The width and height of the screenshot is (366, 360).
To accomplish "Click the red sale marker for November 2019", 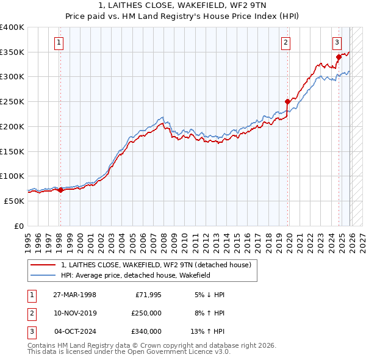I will coord(287,102).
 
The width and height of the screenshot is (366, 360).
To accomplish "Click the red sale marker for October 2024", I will coord(339,57).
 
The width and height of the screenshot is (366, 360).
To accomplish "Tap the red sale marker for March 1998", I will coord(60,190).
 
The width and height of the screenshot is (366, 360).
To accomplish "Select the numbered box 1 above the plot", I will coord(59,42).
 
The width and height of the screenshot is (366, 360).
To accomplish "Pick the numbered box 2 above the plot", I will coord(285,42).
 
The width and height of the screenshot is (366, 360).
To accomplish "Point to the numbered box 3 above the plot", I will coord(337,42).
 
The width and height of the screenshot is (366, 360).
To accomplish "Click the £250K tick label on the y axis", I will coord(12,101).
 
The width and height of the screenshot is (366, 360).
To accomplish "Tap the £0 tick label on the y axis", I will coord(18,226).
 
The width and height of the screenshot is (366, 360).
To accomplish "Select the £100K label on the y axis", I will coord(12,176).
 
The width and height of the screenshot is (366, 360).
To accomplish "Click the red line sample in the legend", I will coord(44,265).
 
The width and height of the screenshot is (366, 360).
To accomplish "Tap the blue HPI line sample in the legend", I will coord(44,276).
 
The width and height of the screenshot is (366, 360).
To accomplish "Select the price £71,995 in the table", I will coord(147,295).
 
